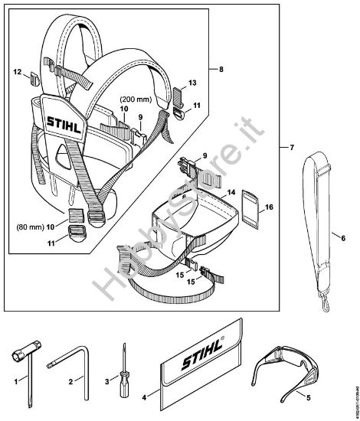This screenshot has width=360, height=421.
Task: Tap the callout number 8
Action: (221, 69)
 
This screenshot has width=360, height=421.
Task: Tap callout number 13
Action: (192, 81)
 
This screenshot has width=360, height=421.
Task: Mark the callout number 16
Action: (269, 207)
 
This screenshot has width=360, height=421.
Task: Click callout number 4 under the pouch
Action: (145, 397)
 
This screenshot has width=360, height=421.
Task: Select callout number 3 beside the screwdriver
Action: (108, 379)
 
